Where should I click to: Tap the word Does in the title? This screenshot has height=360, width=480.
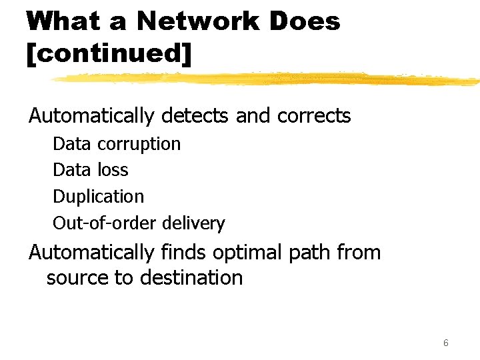pos(306,21)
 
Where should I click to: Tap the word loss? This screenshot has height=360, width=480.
pos(112,170)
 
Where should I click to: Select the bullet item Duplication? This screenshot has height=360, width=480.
pos(98,197)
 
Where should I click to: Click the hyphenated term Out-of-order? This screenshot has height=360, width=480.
pos(106,223)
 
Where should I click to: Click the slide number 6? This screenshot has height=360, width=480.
pos(445,343)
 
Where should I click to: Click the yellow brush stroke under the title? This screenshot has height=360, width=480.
pos(267,79)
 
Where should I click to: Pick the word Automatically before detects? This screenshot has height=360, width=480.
pos(91,116)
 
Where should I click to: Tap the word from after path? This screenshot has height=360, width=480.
pos(359,253)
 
